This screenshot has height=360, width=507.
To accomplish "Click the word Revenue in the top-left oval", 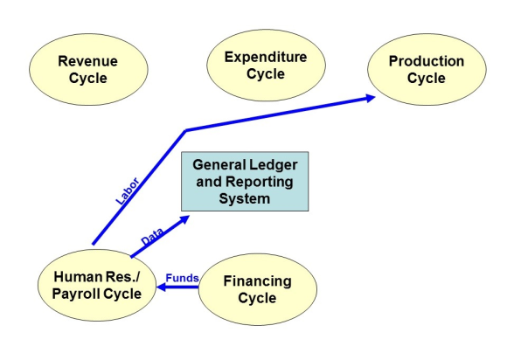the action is [x=87, y=61].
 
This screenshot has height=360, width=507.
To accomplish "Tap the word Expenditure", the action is [x=266, y=57].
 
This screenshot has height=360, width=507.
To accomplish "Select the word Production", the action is [x=427, y=61].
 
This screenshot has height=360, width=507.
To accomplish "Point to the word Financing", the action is [x=257, y=281].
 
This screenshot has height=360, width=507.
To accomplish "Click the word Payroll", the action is [x=76, y=294].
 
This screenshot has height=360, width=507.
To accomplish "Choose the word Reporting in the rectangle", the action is [x=260, y=183].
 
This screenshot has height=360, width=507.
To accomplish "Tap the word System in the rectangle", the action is [x=245, y=198].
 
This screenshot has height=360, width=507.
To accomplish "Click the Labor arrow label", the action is [x=128, y=191].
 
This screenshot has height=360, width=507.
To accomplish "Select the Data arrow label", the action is [x=152, y=237].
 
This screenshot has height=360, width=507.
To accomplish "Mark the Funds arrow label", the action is [x=182, y=278].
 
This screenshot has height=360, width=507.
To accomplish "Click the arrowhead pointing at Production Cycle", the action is [x=370, y=98].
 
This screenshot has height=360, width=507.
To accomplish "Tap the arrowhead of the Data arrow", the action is [x=184, y=219].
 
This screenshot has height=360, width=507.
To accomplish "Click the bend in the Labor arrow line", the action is [x=186, y=130].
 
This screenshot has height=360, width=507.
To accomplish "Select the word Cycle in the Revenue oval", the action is [x=88, y=79].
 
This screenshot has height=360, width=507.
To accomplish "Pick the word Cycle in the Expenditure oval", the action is [x=266, y=74].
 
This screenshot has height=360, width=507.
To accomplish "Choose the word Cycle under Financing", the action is [x=257, y=298].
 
